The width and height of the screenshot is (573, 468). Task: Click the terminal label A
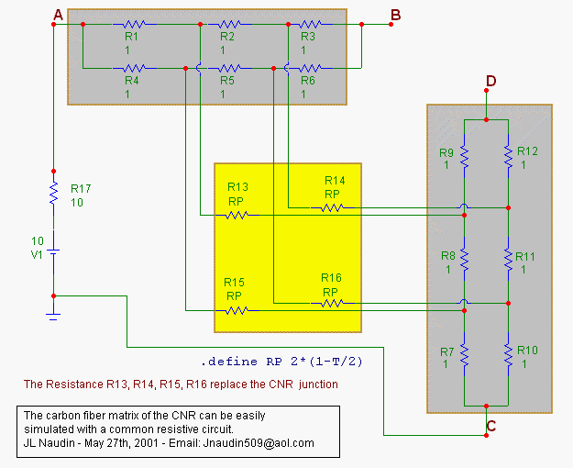58,15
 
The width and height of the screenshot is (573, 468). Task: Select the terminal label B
395,15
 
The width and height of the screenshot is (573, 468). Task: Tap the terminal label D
490,82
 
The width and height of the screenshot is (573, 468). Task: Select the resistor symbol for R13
237,216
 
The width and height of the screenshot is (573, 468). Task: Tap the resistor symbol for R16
331,302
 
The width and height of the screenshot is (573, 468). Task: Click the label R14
334,181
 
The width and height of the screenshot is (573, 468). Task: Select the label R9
446,152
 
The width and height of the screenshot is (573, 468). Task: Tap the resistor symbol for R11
507,260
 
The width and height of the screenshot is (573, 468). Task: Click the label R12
527,150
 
